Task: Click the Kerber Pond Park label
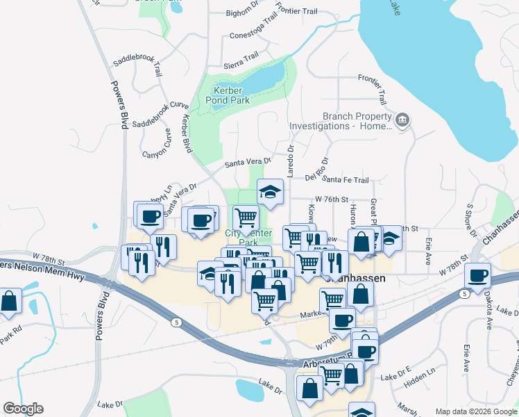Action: pos(231,96)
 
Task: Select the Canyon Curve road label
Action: pos(156,143)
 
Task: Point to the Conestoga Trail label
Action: pos(254,35)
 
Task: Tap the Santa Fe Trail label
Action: pos(345,179)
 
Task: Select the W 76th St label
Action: pos(330,199)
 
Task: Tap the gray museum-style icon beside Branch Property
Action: pos(402,122)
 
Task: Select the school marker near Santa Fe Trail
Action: pos(271,191)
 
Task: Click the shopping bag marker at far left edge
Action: pos(9,302)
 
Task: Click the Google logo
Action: pos(22,409)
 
